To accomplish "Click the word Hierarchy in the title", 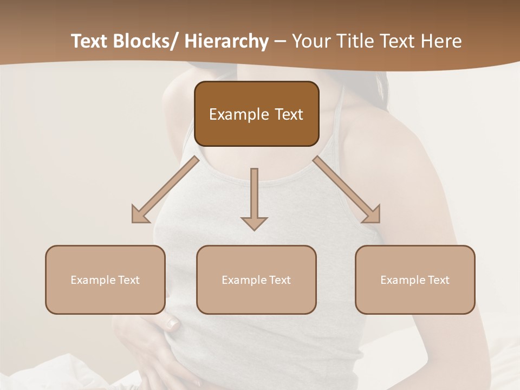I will (x=226, y=41).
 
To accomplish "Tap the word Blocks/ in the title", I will (x=146, y=41).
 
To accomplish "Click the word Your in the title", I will (x=310, y=41).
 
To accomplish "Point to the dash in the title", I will (x=279, y=42).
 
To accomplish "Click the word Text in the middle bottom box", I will (x=279, y=280).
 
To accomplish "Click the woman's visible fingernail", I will (x=173, y=324).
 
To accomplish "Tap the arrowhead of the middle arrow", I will (x=254, y=223).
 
